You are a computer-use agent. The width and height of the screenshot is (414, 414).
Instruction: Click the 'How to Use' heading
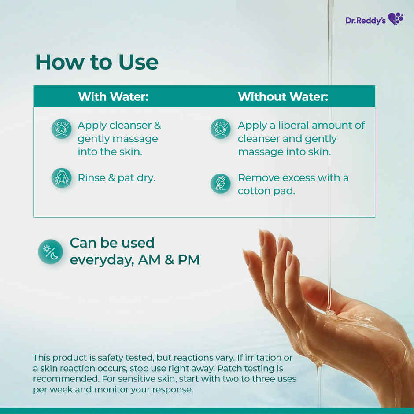coord(96,62)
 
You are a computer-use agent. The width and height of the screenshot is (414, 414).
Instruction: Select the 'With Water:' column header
coord(113,97)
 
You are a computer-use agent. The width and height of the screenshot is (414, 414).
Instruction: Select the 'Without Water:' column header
coord(283,97)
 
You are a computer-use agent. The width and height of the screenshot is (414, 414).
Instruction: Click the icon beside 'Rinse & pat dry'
coord(61,178)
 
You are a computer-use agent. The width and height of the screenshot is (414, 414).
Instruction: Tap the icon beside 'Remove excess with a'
coord(220,184)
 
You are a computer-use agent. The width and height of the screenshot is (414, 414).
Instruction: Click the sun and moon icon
coord(50,251)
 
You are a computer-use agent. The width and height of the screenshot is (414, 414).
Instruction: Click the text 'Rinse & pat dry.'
coord(116,178)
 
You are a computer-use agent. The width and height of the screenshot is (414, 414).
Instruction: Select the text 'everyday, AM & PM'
coord(135,260)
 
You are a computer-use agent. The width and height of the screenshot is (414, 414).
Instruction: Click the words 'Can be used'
coord(112,243)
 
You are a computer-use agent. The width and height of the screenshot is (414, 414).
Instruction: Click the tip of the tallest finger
coord(262,232)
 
